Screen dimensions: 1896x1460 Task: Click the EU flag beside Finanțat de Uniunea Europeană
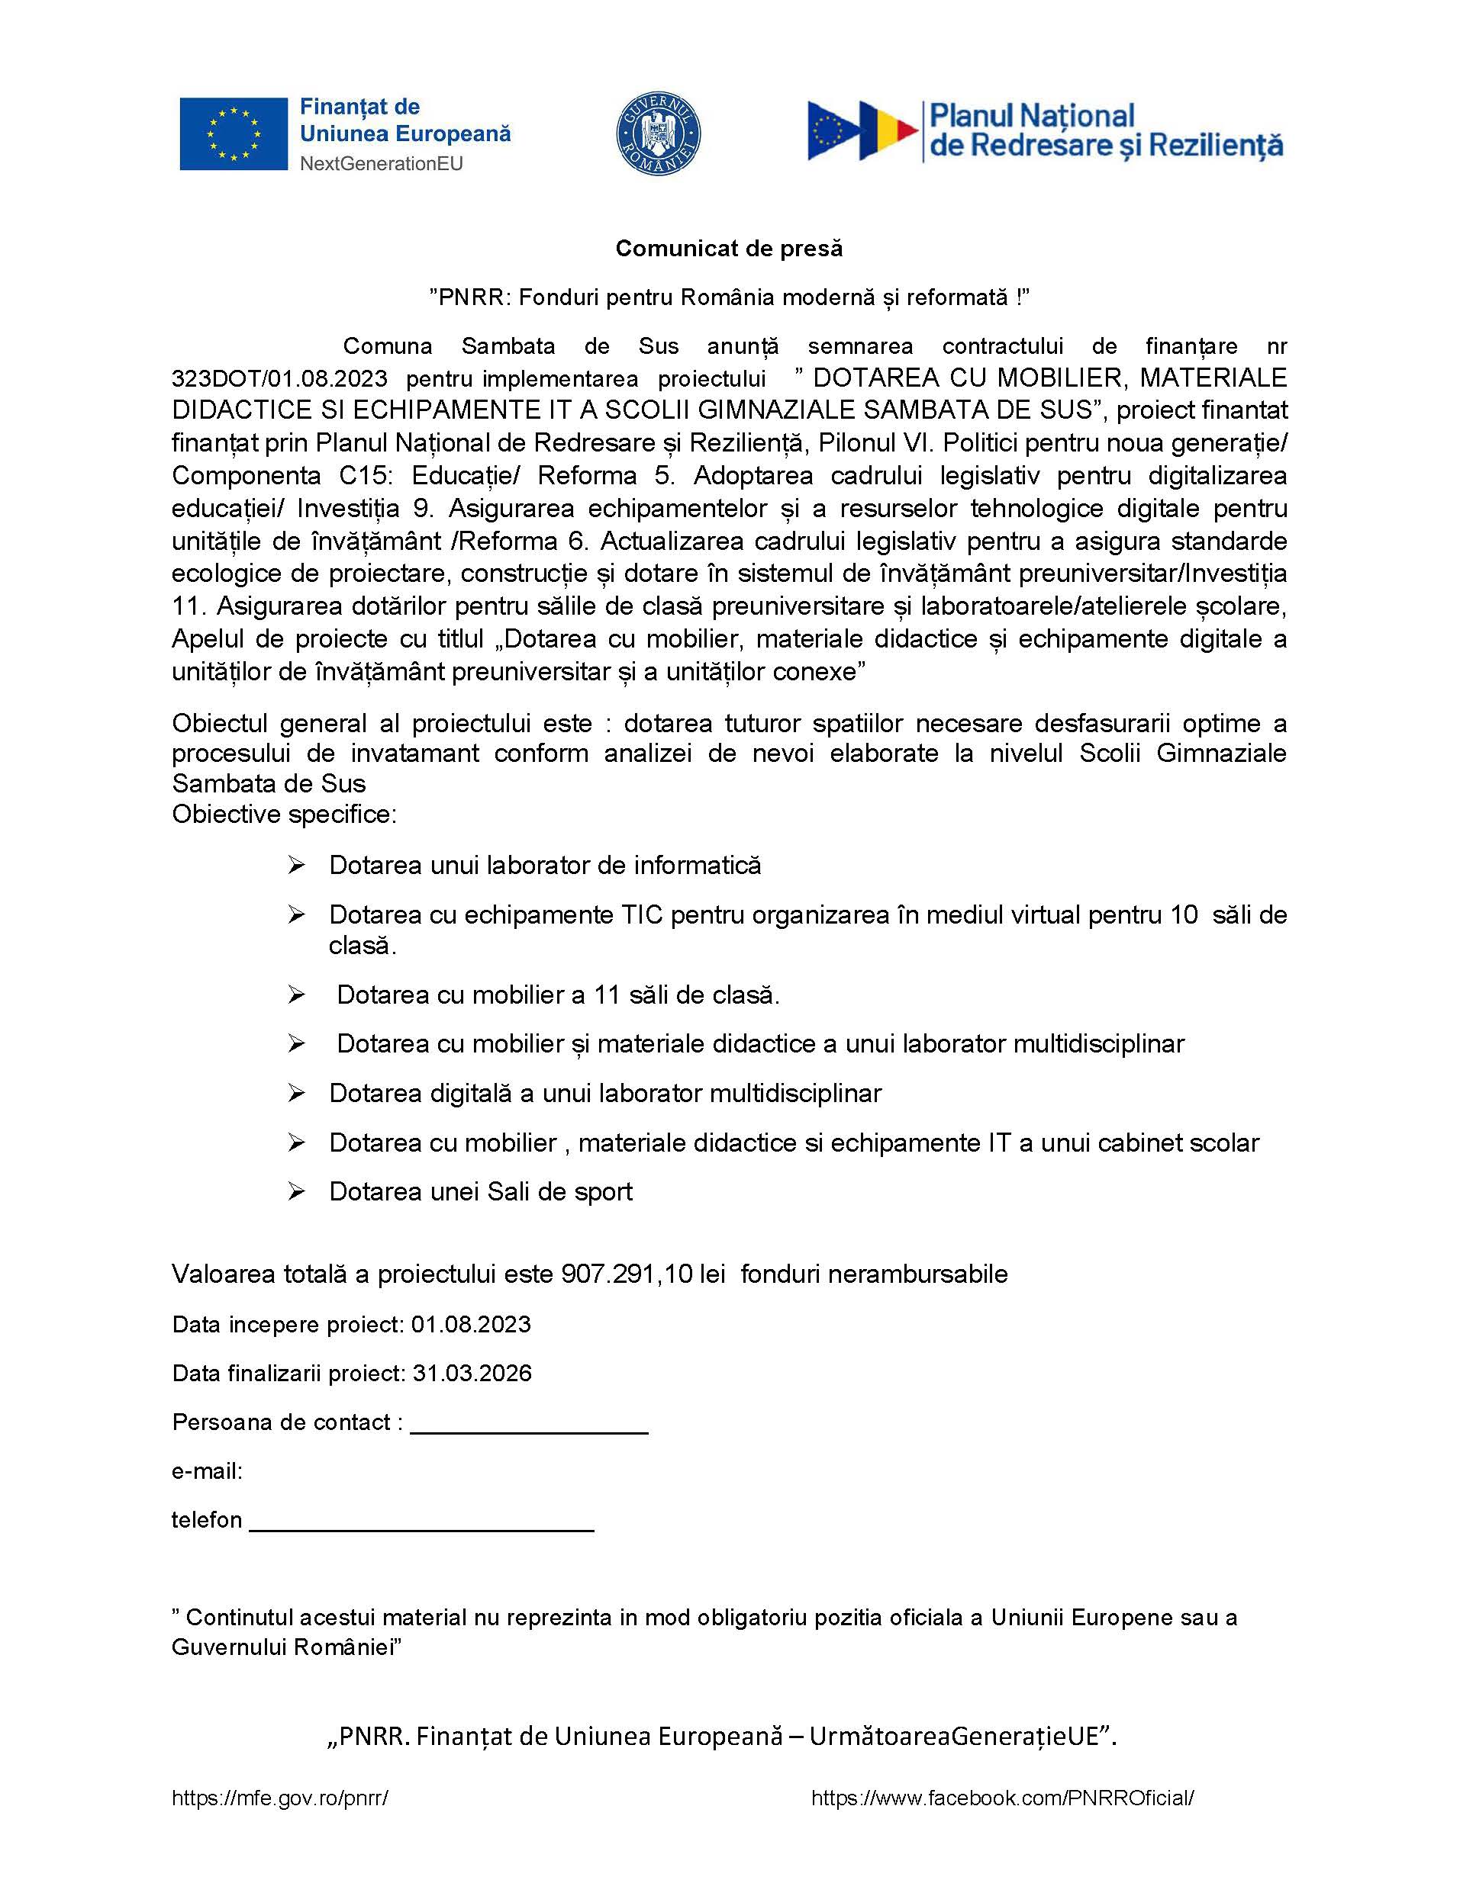(233, 133)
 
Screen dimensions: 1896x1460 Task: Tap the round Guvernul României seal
(659, 133)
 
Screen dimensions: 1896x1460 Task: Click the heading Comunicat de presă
(729, 249)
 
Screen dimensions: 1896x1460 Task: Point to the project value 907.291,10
(627, 1274)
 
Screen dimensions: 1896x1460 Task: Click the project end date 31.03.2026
(472, 1373)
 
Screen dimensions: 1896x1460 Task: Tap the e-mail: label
(207, 1470)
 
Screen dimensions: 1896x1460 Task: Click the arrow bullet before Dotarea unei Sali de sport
(296, 1192)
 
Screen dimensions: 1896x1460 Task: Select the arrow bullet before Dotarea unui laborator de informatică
(296, 866)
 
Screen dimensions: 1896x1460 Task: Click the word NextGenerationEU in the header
(382, 163)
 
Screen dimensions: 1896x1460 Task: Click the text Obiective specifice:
(284, 815)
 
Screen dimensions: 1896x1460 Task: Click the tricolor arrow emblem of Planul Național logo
(862, 131)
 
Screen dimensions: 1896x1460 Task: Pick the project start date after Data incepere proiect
(471, 1324)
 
